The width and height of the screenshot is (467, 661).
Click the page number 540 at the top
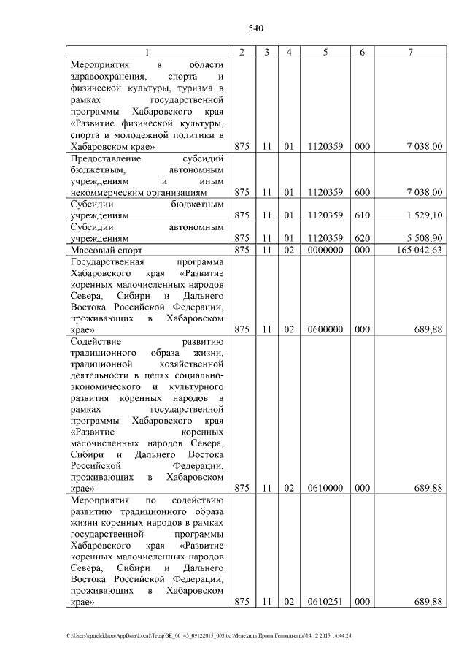click(255, 28)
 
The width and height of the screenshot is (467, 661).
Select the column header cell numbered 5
click(325, 52)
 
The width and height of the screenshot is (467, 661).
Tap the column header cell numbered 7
click(410, 52)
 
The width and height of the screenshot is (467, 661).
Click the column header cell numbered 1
click(147, 52)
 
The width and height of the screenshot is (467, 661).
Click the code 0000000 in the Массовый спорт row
click(325, 251)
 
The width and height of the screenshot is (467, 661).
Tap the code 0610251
click(325, 602)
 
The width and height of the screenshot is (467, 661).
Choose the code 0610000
click(325, 487)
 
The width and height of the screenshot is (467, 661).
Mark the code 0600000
click(325, 329)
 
